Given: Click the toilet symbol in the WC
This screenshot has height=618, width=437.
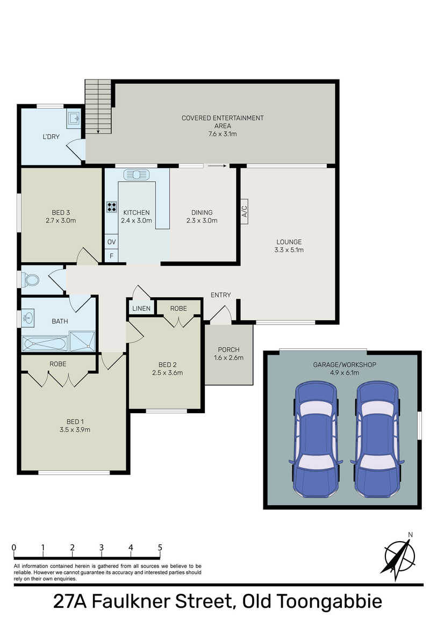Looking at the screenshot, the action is click(x=30, y=280).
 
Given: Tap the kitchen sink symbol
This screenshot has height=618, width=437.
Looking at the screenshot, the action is click(x=137, y=174).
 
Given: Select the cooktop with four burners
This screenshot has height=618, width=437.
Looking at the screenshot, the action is click(x=111, y=207).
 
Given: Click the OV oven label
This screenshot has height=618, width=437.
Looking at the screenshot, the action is click(x=111, y=242).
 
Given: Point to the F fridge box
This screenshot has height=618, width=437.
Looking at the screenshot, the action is click(x=111, y=256).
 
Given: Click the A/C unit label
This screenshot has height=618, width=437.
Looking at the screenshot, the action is click(x=245, y=211).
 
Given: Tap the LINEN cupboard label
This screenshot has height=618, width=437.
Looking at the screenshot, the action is click(x=141, y=308).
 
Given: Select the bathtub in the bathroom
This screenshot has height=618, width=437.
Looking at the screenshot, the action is click(x=45, y=343).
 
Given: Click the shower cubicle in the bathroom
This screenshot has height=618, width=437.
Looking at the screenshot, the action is click(x=82, y=341).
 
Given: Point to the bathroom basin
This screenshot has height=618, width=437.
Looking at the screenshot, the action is click(x=28, y=318).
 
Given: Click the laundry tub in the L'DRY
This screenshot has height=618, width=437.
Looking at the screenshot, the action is click(x=73, y=118).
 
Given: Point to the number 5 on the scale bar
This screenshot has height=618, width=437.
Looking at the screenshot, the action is click(x=160, y=548).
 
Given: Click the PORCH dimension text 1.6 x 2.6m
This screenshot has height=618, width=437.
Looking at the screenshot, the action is click(x=228, y=358).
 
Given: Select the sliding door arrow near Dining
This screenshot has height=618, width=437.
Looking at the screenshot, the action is click(x=217, y=166).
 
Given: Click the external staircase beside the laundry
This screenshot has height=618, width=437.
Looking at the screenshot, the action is click(x=98, y=106).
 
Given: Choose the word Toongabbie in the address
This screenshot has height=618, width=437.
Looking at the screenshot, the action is click(x=329, y=601).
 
